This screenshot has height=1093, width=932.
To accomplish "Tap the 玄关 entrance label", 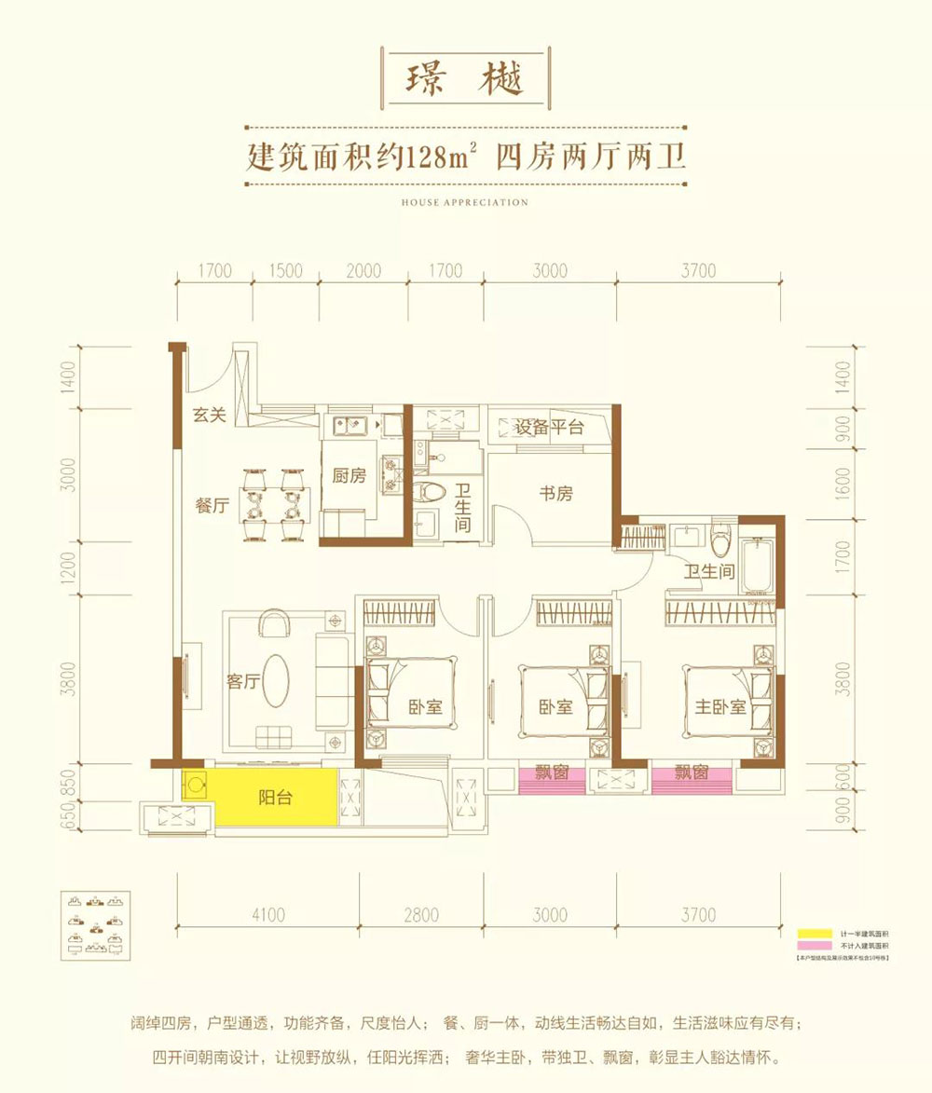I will click(211, 416).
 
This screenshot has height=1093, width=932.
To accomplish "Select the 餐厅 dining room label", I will click(212, 506).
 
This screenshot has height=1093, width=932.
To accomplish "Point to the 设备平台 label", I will click(549, 428).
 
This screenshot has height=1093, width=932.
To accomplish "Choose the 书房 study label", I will click(555, 494).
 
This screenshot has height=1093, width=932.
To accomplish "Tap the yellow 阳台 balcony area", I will click(275, 798).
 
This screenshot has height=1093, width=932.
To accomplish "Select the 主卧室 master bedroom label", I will click(720, 706).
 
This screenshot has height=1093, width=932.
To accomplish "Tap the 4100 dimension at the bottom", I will click(267, 915).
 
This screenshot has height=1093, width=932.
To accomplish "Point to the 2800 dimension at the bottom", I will click(421, 915).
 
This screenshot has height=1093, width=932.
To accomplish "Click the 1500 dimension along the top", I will click(287, 271).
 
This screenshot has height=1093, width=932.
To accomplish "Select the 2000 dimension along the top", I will click(363, 271).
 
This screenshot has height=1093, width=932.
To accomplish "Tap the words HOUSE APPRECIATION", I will click(465, 202).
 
